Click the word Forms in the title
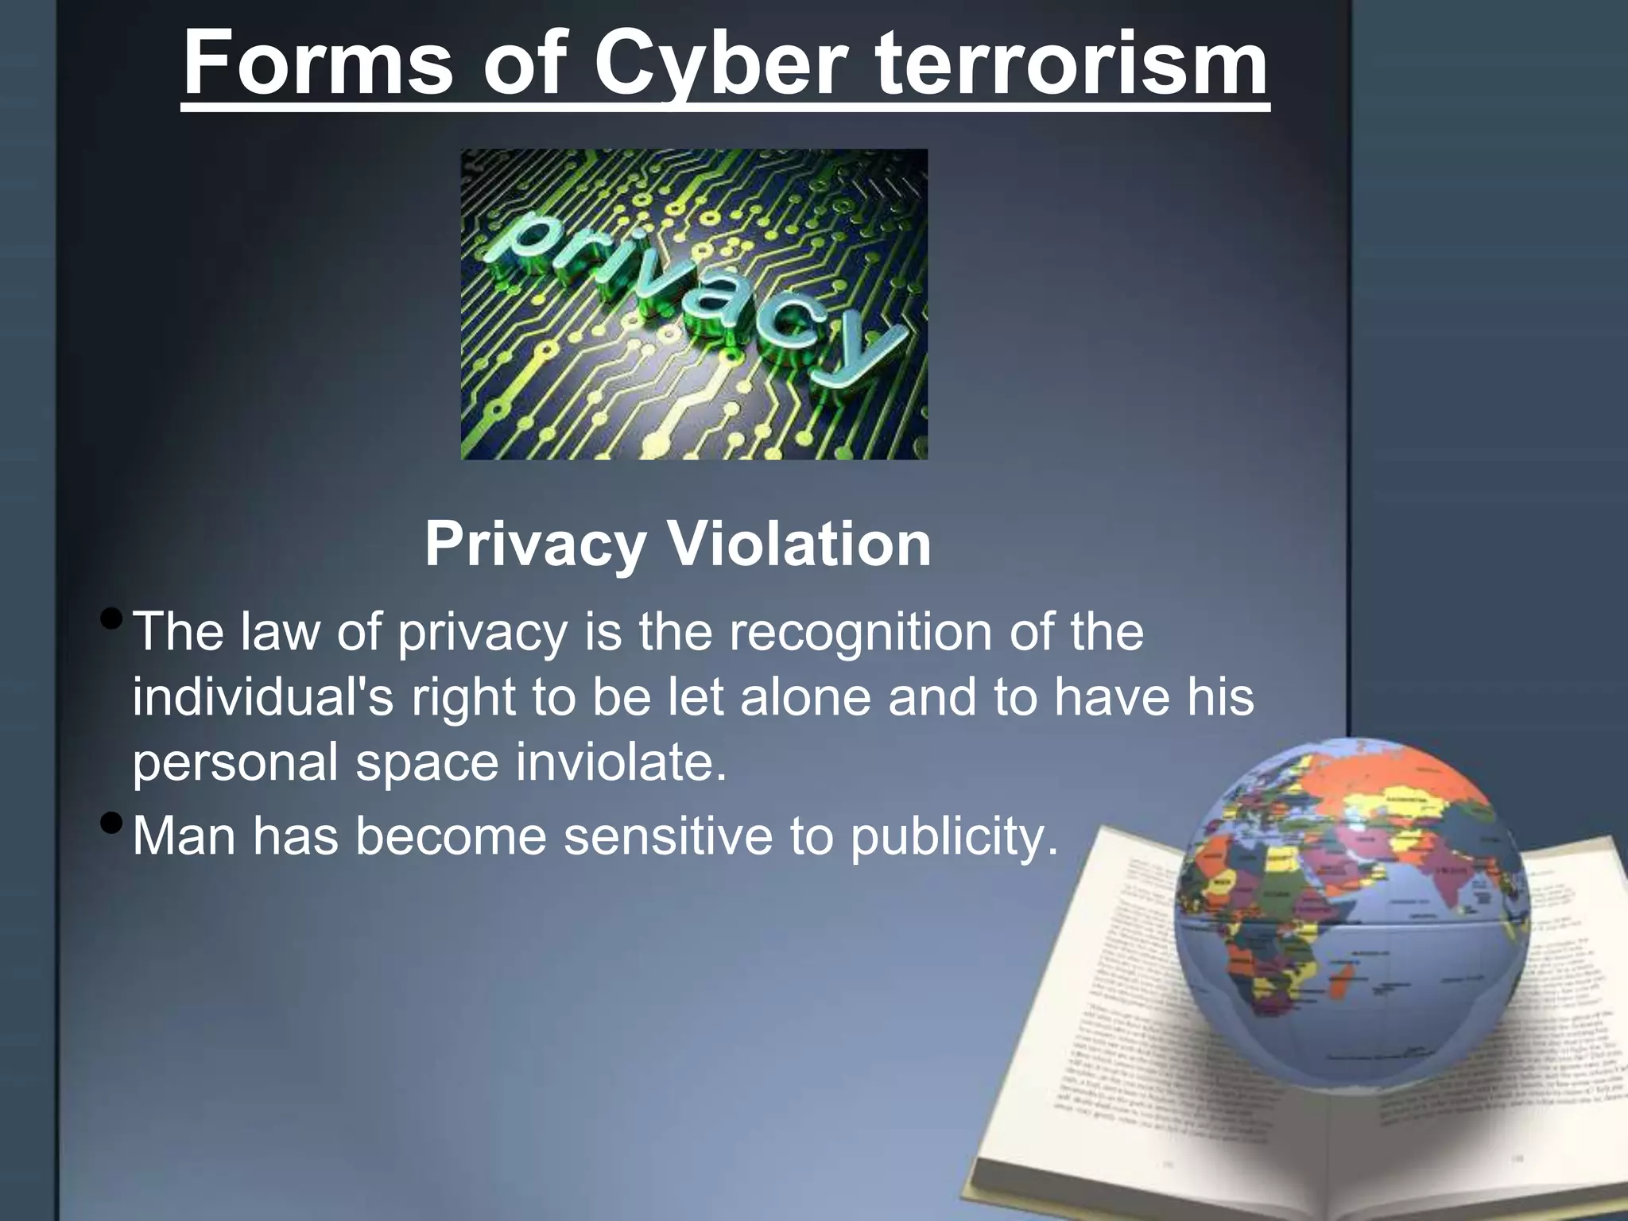click(x=318, y=64)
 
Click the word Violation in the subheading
click(x=799, y=545)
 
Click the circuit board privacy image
click(x=694, y=304)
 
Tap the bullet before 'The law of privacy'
click(x=113, y=618)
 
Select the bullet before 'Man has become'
click(x=113, y=822)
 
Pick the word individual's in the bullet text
click(x=262, y=697)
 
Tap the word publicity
click(x=955, y=838)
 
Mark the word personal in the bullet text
click(x=235, y=764)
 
